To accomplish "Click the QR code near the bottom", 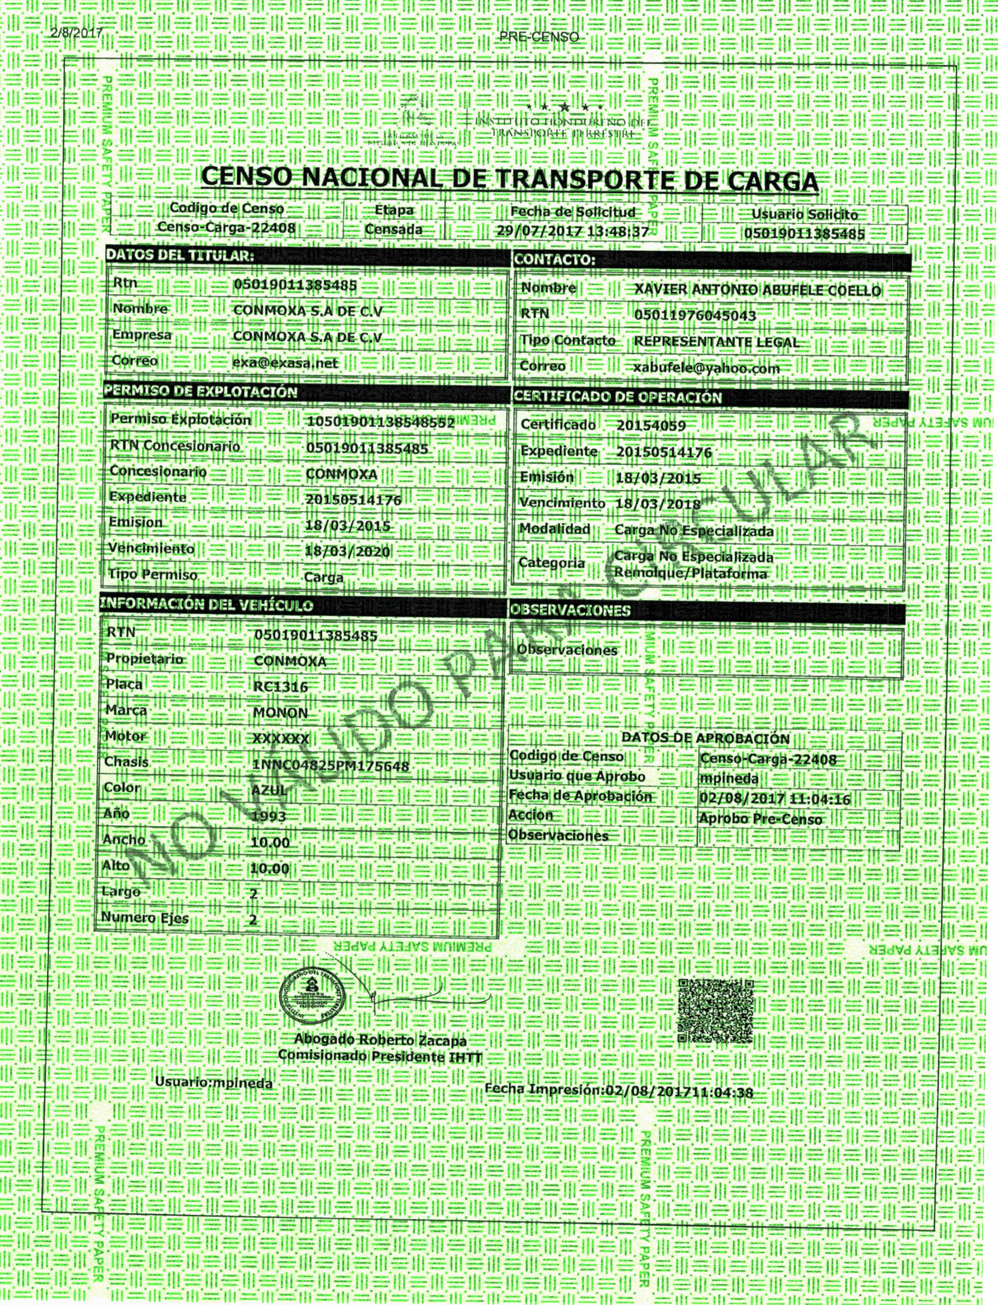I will click(x=716, y=1011).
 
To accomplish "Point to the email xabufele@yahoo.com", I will click(x=706, y=368).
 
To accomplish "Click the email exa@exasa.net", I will click(x=285, y=362).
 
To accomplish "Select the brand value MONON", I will click(x=281, y=713).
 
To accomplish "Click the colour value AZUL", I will click(x=269, y=790).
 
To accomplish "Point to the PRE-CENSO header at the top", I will click(x=539, y=37).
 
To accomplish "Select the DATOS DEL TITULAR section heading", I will click(x=180, y=256).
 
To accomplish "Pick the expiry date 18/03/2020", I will click(x=347, y=552).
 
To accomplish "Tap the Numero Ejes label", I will click(x=144, y=917).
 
